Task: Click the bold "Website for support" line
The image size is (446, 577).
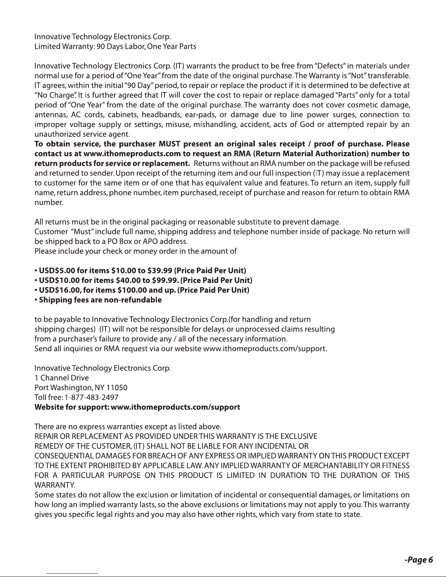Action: [137, 407]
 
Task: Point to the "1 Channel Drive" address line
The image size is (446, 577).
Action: [62, 378]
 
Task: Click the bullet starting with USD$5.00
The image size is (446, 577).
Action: [140, 271]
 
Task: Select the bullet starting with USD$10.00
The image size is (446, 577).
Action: [143, 280]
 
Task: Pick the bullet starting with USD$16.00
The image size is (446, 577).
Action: [142, 290]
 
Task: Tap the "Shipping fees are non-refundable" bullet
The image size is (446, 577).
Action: [98, 300]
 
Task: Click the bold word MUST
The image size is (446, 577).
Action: [167, 144]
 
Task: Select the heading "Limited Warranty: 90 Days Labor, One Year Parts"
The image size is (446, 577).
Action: [115, 47]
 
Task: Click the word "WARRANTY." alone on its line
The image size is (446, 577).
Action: [55, 485]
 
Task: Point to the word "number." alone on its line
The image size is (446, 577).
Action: [49, 203]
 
